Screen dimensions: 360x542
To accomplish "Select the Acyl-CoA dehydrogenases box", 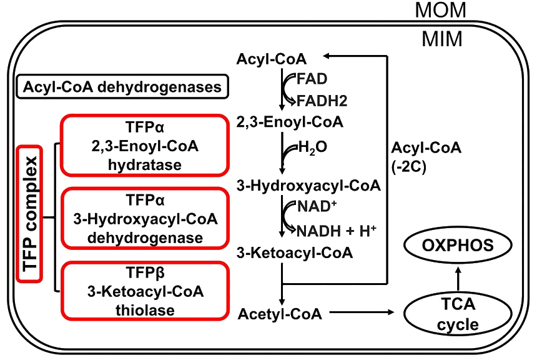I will tap(122, 87).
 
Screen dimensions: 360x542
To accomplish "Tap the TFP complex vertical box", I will tap(29, 214).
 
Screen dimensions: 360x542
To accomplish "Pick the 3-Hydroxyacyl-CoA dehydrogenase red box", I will tap(144, 219).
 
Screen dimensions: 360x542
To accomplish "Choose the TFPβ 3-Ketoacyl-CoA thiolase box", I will tap(144, 291).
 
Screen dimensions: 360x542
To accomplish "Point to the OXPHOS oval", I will tap(458, 245).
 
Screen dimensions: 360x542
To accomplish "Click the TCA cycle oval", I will tap(458, 314).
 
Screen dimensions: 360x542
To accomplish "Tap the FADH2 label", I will tap(322, 100).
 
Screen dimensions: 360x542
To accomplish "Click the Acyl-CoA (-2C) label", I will tap(417, 157).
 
